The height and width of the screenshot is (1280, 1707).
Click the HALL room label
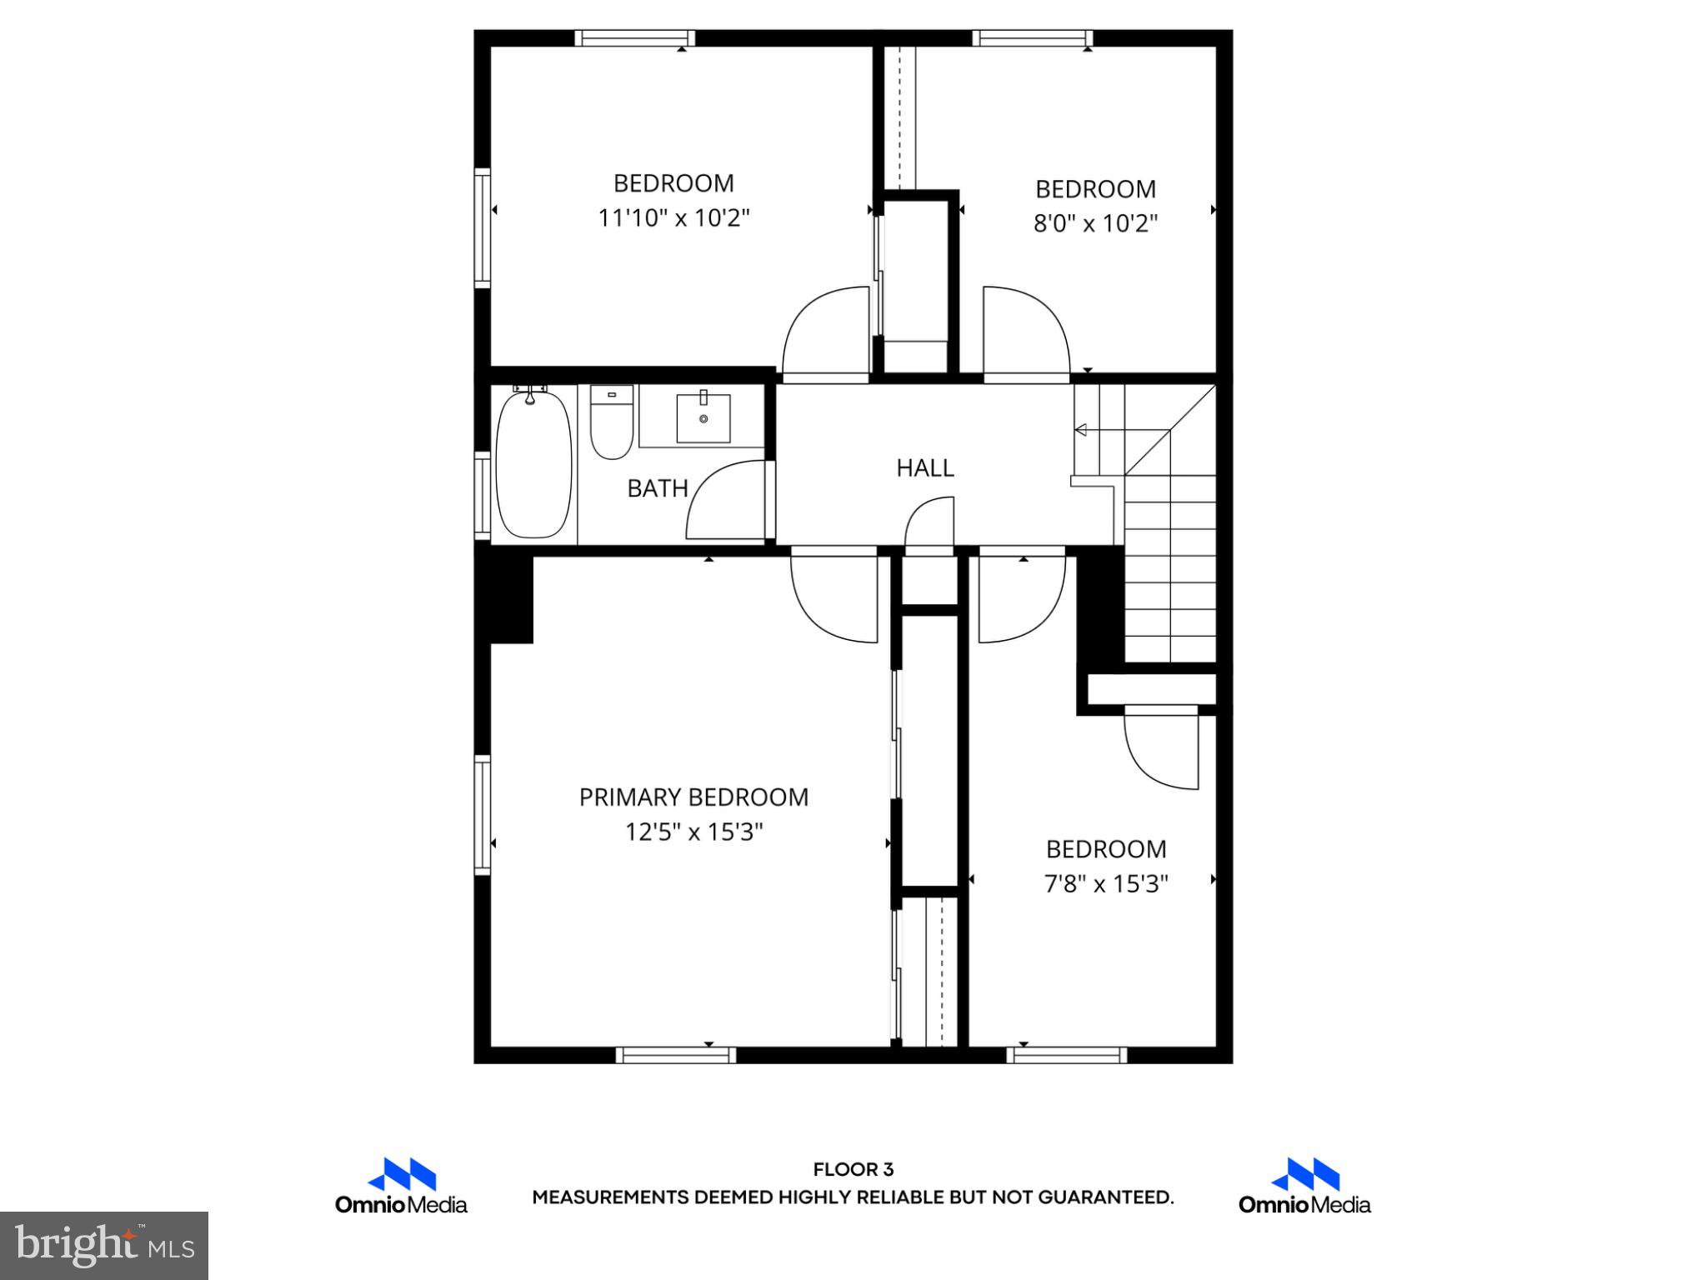[924, 468]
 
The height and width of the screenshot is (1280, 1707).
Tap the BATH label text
[657, 488]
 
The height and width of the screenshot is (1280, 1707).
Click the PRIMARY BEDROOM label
[693, 797]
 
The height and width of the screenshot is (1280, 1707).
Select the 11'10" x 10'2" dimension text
[673, 218]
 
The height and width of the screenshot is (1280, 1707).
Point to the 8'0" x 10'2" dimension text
[1095, 224]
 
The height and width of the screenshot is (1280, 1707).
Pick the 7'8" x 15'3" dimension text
[1106, 883]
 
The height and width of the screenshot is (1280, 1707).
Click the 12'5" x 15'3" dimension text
[694, 832]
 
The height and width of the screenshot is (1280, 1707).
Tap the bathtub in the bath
[533, 465]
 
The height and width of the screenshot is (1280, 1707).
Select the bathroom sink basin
[703, 418]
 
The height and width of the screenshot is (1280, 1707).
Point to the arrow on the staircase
[1082, 430]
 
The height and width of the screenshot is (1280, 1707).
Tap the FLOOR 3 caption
[853, 1170]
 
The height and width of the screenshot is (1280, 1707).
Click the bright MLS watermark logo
[104, 1245]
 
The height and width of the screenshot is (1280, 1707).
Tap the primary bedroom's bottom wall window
[675, 1055]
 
